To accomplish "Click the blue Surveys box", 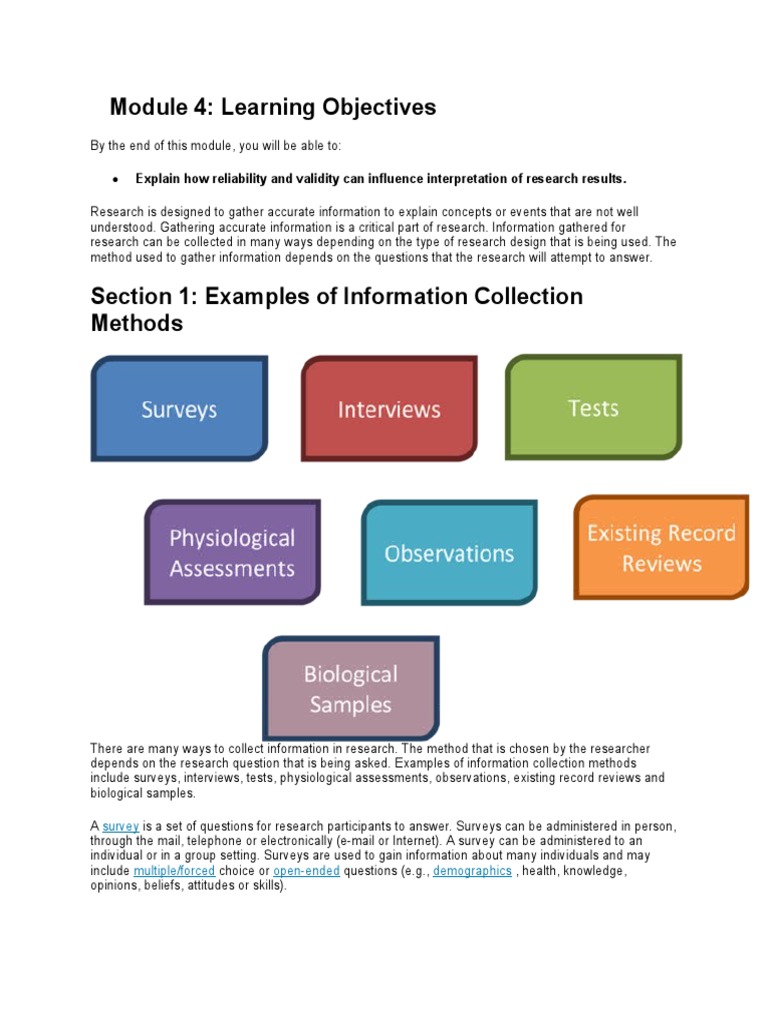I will tap(179, 409).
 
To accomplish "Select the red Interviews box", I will tap(389, 409).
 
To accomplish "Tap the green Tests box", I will tap(593, 407).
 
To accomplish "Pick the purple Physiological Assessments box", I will tap(232, 553).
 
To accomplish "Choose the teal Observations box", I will tap(449, 553).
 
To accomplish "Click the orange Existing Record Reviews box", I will tap(661, 548).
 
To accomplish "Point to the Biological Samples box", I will tap(350, 689).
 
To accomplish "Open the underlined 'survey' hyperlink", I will tap(120, 826).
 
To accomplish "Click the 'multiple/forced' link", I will tap(174, 871).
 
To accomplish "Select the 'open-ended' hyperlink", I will tap(307, 871).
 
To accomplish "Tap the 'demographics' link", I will tap(472, 871).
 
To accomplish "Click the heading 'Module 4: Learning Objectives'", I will tap(273, 107).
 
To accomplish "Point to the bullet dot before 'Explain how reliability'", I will tap(116, 179).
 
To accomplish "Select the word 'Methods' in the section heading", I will tap(137, 323).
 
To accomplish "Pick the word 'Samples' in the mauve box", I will tap(350, 704).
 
